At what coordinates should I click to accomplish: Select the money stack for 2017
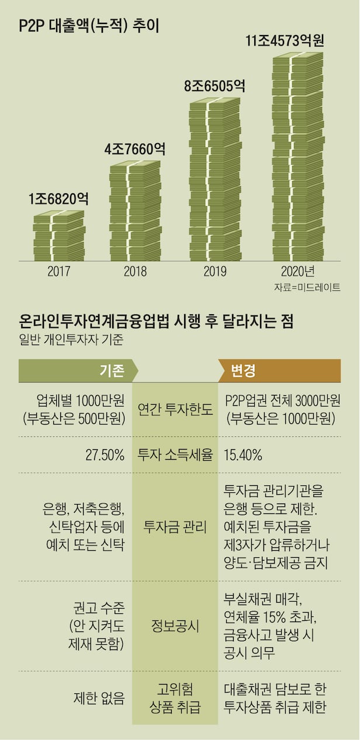(x=58, y=237)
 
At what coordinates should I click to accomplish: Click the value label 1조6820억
(x=58, y=199)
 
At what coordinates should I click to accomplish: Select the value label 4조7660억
(x=135, y=149)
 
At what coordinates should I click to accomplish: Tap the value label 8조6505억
(x=214, y=86)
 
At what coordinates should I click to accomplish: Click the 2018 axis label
(x=135, y=272)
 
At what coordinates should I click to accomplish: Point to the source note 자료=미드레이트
(x=307, y=287)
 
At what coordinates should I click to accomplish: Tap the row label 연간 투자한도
(x=175, y=409)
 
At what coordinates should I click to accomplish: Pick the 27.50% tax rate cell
(x=106, y=455)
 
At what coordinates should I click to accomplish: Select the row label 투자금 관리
(x=175, y=527)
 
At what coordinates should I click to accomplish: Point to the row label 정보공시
(x=175, y=627)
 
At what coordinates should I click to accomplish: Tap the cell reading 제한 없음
(x=99, y=698)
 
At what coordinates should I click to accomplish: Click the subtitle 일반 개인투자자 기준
(x=71, y=338)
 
